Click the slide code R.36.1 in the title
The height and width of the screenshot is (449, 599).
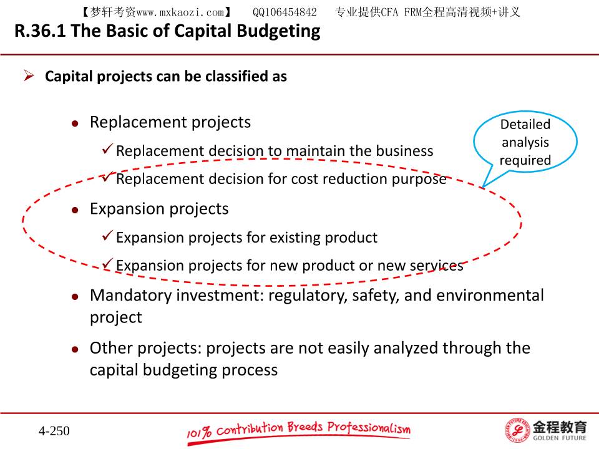click(x=40, y=31)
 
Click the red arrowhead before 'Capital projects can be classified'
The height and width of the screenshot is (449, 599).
click(x=29, y=75)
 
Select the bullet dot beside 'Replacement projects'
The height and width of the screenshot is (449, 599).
click(x=75, y=123)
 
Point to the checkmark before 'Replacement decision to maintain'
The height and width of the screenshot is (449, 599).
click(x=107, y=148)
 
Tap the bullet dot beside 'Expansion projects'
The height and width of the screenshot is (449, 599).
click(x=75, y=210)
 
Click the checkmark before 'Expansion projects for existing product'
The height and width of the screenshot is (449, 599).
click(x=107, y=235)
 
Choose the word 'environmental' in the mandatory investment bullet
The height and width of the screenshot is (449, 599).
click(x=492, y=296)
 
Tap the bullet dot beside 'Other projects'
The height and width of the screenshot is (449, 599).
click(x=75, y=349)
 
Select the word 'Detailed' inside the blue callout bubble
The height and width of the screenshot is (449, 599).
click(x=525, y=125)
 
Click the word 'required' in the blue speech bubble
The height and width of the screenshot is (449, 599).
click(x=525, y=160)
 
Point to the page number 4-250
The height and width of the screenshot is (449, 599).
click(x=54, y=431)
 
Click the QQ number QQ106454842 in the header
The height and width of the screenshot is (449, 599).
click(x=285, y=12)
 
